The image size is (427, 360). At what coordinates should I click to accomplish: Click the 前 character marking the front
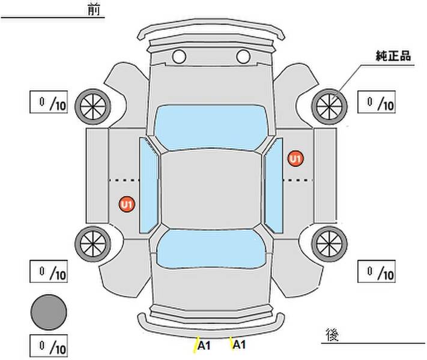(94, 10)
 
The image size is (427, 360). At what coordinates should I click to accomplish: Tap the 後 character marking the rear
(332, 335)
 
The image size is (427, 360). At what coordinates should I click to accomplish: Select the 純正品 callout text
(393, 56)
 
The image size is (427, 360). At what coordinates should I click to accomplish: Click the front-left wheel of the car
(93, 107)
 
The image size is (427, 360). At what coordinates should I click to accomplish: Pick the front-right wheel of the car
(329, 107)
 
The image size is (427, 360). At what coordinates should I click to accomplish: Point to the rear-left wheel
(93, 244)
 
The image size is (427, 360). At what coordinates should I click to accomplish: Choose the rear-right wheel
(329, 244)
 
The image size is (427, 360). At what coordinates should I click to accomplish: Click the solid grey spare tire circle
(49, 313)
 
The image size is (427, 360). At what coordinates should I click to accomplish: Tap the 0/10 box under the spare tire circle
(49, 346)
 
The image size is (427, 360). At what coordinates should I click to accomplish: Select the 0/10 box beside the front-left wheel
(49, 102)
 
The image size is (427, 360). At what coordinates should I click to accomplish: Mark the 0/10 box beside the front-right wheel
(377, 102)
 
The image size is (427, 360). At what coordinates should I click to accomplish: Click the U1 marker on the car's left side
(127, 205)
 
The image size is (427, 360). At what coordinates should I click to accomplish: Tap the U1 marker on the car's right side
(295, 158)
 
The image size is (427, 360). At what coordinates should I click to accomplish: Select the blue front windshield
(211, 127)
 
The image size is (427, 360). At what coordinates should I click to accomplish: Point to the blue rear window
(211, 249)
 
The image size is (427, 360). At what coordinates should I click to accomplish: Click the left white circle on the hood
(179, 57)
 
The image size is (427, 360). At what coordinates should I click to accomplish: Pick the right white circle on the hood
(243, 57)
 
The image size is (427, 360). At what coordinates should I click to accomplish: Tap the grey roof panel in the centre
(211, 190)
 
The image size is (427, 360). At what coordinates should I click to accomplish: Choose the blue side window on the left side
(149, 185)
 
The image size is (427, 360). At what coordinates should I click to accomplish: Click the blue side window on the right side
(273, 185)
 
